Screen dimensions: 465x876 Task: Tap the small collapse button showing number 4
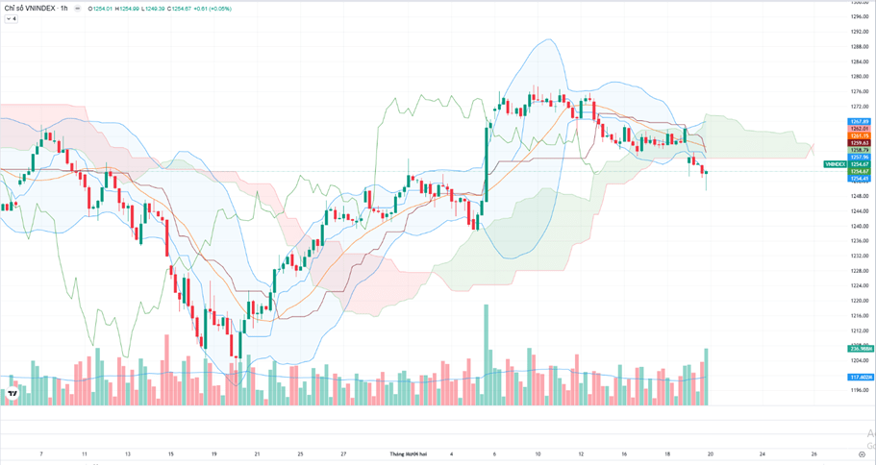pyautogui.click(x=12, y=19)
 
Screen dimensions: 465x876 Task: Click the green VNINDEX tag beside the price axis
pyautogui.click(x=835, y=164)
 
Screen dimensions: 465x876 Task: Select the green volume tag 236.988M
pyautogui.click(x=859, y=348)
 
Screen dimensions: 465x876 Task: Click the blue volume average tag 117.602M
pyautogui.click(x=859, y=377)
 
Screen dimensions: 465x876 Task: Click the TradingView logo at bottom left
pyautogui.click(x=14, y=393)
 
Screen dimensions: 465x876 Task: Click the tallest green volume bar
pyautogui.click(x=486, y=355)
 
